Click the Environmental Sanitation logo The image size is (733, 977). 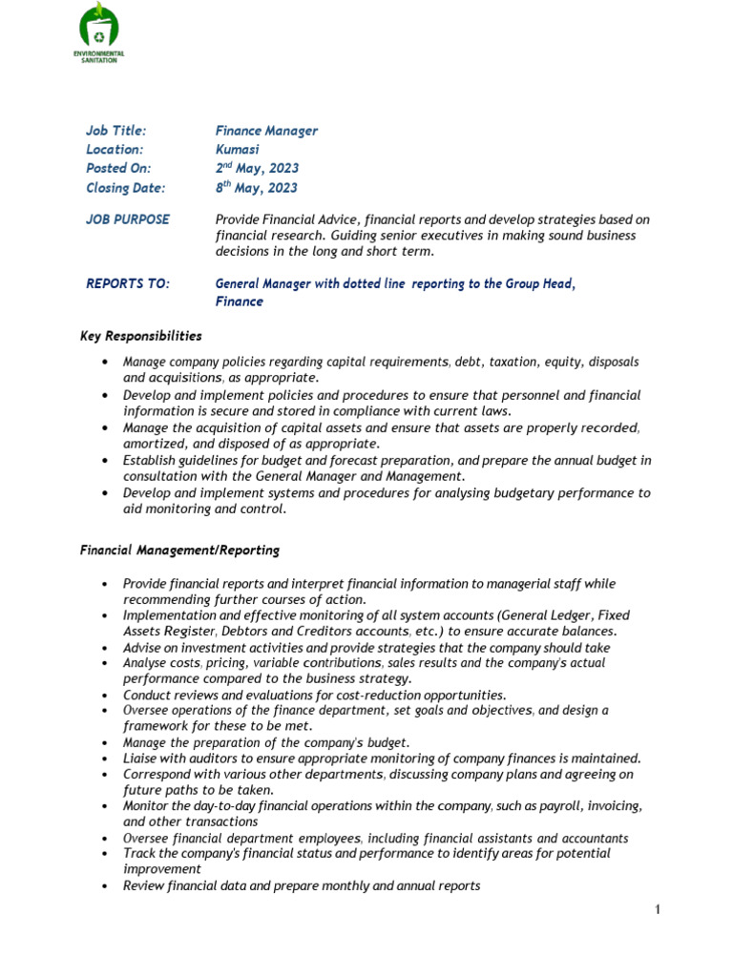(x=99, y=32)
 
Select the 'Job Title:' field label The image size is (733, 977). (x=116, y=131)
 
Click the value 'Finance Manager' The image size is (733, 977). (x=266, y=131)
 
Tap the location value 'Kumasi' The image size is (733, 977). (x=237, y=150)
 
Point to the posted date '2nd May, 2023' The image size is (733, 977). (x=257, y=169)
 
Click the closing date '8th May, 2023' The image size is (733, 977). (x=256, y=188)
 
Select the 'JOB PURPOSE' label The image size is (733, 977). (x=128, y=219)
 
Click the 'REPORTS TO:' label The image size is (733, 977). (x=128, y=283)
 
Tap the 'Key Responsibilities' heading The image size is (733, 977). (x=141, y=336)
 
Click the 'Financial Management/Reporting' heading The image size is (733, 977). (x=179, y=551)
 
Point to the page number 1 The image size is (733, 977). (x=658, y=910)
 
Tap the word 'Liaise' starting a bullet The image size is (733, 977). (x=141, y=759)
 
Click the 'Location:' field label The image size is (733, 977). (x=115, y=150)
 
